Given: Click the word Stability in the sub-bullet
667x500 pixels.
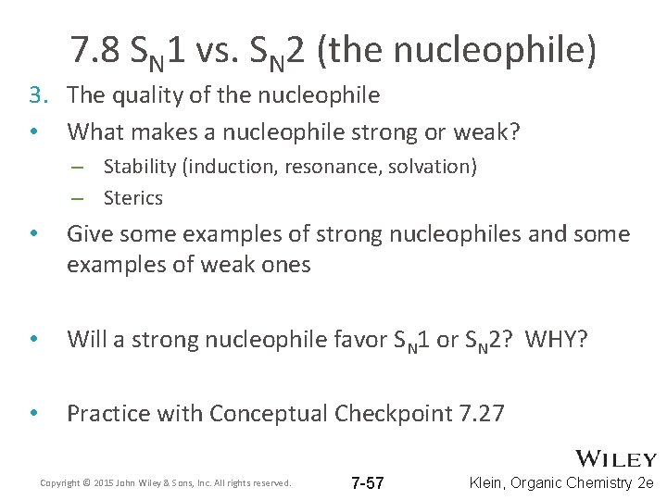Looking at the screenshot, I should (137, 167).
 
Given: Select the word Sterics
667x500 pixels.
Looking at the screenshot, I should (133, 197).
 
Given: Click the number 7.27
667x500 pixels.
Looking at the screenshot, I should (482, 413).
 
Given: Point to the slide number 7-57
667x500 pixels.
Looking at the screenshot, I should (369, 483).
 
